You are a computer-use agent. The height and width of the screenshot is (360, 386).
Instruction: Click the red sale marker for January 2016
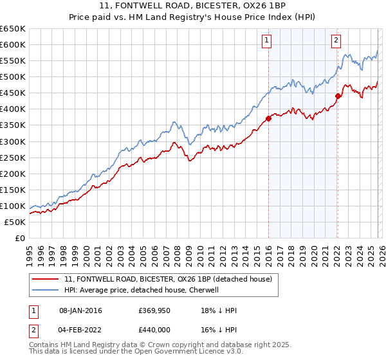click(268, 118)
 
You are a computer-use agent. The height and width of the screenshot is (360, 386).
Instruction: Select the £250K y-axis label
click(13, 157)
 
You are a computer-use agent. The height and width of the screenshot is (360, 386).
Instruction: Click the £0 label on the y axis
click(19, 238)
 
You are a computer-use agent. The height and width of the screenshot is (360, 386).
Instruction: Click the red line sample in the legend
click(46, 279)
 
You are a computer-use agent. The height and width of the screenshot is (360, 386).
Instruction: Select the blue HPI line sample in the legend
click(46, 290)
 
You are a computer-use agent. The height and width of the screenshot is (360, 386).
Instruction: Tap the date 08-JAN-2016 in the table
click(80, 310)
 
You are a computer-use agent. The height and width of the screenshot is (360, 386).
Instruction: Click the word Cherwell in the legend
click(205, 290)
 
